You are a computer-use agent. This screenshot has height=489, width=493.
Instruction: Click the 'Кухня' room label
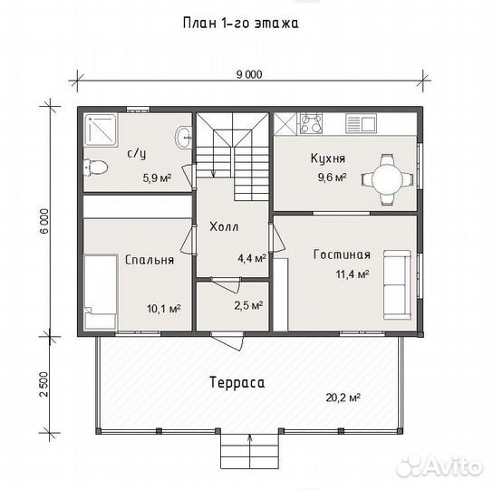click(x=327, y=158)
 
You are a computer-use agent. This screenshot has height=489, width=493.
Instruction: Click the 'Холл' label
click(x=224, y=226)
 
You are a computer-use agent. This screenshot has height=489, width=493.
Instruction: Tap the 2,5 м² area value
click(x=249, y=305)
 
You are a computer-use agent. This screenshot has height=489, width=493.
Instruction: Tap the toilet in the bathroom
click(x=94, y=167)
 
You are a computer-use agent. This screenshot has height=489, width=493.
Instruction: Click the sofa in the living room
click(x=394, y=284)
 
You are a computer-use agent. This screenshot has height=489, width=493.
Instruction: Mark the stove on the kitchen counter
click(x=311, y=120)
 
